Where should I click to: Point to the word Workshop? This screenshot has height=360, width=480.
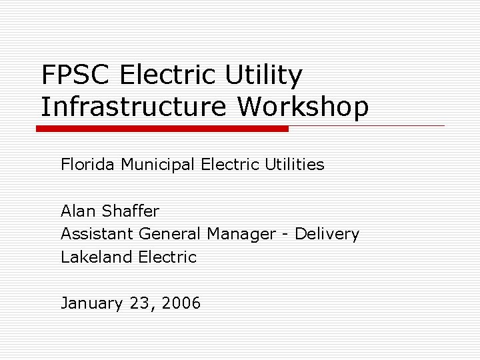tap(303, 106)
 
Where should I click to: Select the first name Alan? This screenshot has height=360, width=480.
tap(79, 211)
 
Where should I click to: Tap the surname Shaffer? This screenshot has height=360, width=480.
tap(131, 211)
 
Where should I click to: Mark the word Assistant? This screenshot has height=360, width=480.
tap(97, 234)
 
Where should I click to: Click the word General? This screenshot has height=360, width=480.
tap(170, 234)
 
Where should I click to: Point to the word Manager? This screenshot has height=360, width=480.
tap(241, 234)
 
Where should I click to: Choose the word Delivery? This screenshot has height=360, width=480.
tap(327, 234)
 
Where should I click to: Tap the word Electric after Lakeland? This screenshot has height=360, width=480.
tap(167, 257)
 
